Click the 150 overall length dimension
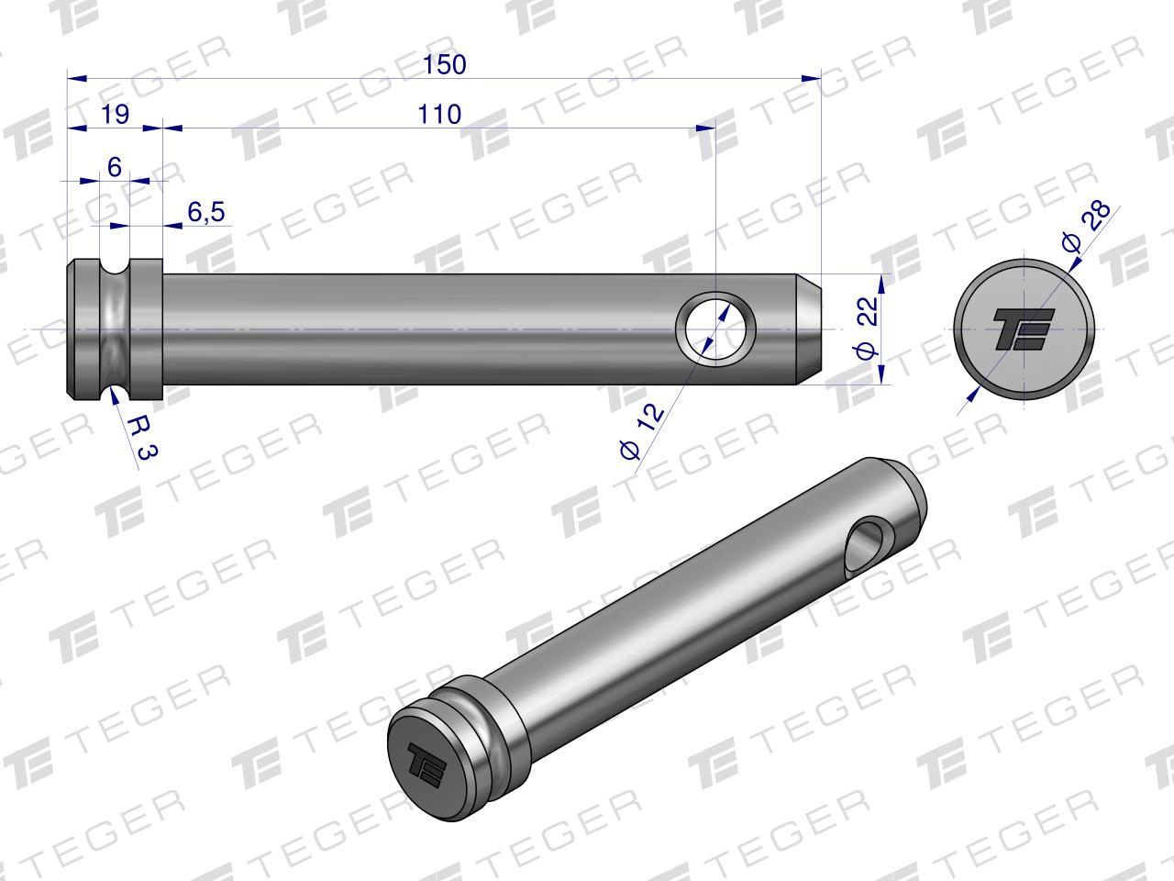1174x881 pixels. pyautogui.click(x=445, y=65)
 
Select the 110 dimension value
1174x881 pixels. pyautogui.click(x=439, y=115)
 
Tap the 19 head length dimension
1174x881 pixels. pyautogui.click(x=115, y=115)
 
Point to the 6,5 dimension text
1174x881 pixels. pyautogui.click(x=206, y=212)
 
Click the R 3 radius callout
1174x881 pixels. pyautogui.click(x=143, y=438)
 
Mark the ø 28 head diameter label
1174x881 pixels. pyautogui.click(x=1086, y=227)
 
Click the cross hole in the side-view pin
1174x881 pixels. pyautogui.click(x=715, y=329)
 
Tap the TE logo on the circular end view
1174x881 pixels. pyautogui.click(x=1024, y=329)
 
